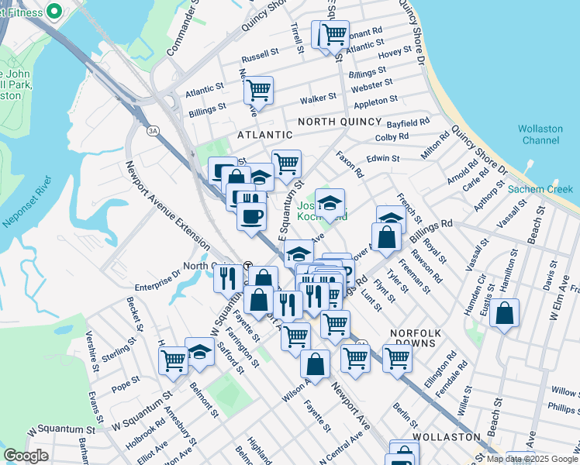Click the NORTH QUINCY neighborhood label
(340, 122)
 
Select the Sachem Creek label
(540, 189)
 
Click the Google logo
(26, 456)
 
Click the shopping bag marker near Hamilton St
(504, 314)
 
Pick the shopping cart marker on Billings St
(259, 90)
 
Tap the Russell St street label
(260, 56)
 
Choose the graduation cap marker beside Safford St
(199, 351)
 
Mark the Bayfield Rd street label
(409, 123)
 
